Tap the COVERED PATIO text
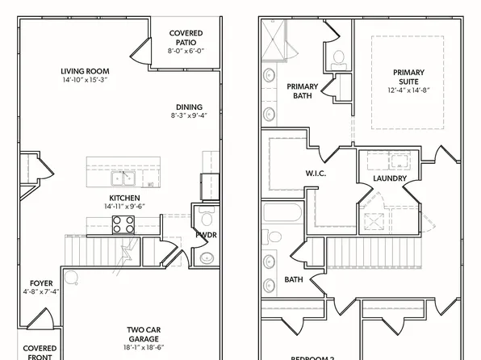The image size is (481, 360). click(186, 37)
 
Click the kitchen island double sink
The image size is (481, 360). click(123, 178)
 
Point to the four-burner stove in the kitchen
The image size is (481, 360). click(123, 227)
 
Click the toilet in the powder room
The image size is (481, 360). click(204, 220)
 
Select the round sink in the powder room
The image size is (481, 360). click(207, 257)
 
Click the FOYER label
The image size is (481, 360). click(42, 283)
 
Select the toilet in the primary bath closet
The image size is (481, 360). click(339, 57)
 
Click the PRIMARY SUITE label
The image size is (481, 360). click(408, 77)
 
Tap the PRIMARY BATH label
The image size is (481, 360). click(302, 90)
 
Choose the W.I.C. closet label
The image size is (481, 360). click(315, 172)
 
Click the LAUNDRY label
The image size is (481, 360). click(389, 178)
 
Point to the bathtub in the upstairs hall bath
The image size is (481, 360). click(282, 216)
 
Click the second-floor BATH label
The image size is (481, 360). click(293, 280)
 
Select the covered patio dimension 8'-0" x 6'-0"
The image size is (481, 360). click(186, 50)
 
